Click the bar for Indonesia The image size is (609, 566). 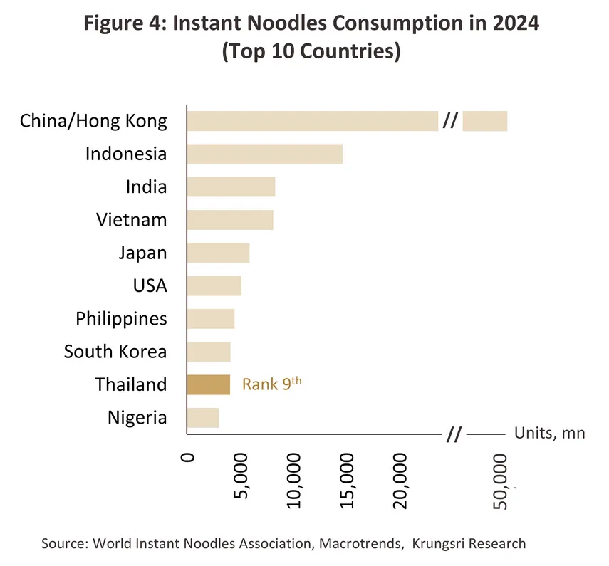point(264,154)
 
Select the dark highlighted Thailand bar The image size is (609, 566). point(208,384)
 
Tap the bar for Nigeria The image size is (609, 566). point(202,417)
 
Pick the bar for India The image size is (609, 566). point(231,187)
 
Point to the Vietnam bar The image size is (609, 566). point(229,220)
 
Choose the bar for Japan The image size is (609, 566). point(218,253)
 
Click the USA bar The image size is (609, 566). point(214,285)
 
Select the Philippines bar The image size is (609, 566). point(210,318)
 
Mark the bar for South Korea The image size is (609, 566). point(208,352)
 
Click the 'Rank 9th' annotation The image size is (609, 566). point(272,384)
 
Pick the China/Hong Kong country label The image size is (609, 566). point(93,121)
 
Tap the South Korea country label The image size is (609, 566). point(115,352)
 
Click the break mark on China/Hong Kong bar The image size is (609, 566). point(449,121)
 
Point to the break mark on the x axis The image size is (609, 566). point(453,434)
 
